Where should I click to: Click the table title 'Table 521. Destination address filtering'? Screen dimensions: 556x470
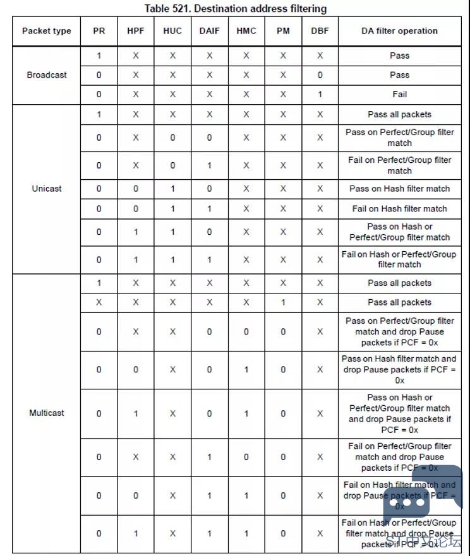tap(235, 8)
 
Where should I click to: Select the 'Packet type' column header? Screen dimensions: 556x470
tap(46, 31)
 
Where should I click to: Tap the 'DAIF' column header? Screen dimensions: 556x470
tap(209, 31)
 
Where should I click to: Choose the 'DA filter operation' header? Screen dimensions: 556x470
tap(399, 31)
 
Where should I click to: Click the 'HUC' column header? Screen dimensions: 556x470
tap(172, 31)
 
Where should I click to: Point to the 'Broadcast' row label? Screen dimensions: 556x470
tap(46, 75)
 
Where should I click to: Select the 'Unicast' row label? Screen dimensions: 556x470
tap(46, 189)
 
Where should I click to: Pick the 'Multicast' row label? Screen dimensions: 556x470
tap(46, 413)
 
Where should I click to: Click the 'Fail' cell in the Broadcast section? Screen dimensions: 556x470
tap(399, 94)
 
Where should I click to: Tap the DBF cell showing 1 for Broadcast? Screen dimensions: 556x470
tap(320, 94)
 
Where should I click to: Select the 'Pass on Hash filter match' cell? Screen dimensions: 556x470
tap(399, 189)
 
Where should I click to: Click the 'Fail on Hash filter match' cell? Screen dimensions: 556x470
tap(399, 209)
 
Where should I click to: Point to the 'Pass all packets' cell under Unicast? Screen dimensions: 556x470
tap(399, 115)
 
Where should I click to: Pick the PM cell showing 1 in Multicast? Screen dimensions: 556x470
tap(283, 302)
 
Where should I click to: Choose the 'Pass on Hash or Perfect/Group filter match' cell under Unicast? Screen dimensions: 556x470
tap(399, 232)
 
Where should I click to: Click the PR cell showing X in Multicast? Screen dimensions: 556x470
tap(99, 302)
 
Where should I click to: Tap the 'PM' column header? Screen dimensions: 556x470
tap(283, 31)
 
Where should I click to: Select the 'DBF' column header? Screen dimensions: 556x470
tap(320, 31)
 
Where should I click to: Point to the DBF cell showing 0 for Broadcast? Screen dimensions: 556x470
tap(320, 75)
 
